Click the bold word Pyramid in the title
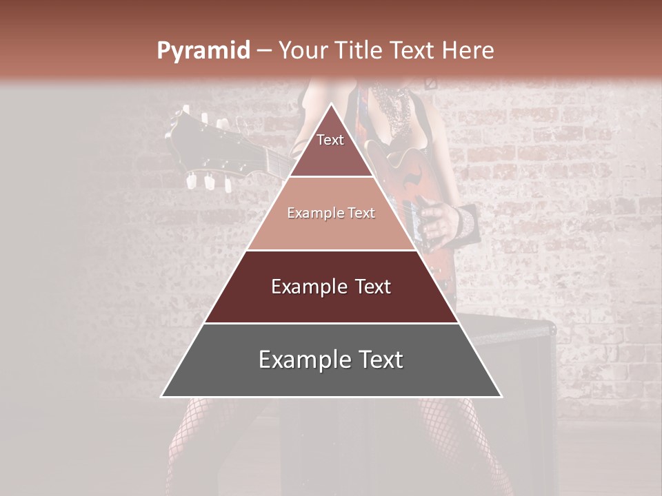click(203, 51)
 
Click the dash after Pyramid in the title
click(264, 51)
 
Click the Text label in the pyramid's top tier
click(330, 140)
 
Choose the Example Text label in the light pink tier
click(331, 214)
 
